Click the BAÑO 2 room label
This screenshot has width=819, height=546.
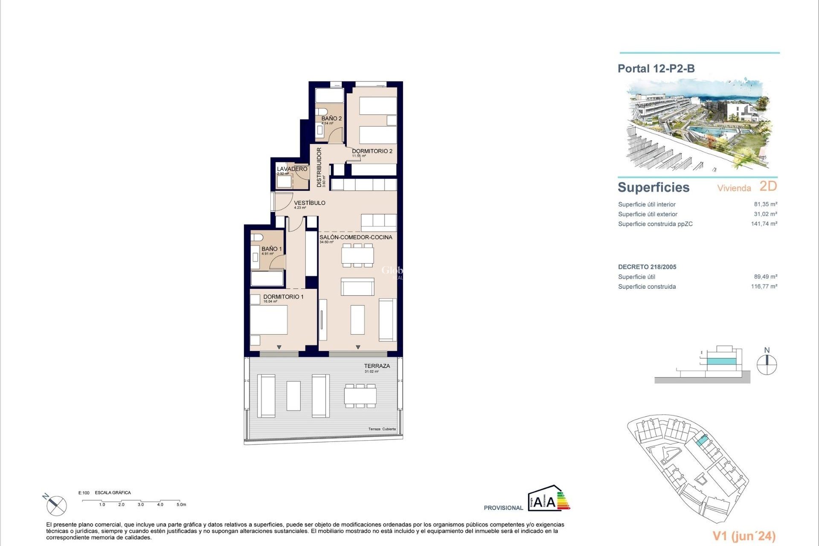[331, 118]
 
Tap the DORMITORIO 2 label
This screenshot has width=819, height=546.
[372, 151]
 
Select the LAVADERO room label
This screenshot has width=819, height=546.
[292, 169]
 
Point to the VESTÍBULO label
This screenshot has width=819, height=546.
[310, 203]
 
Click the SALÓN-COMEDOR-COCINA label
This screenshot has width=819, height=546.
[356, 237]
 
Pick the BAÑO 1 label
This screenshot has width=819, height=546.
[272, 249]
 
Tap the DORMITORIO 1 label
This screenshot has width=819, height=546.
[283, 296]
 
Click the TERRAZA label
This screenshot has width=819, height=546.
[377, 366]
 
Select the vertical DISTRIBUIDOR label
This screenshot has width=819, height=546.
[319, 167]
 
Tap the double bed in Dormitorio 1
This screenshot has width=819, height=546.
[268, 319]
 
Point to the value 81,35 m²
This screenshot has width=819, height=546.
[765, 204]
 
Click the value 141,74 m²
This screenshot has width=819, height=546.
[764, 224]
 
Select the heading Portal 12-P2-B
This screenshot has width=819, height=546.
[656, 69]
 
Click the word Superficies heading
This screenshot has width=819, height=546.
[653, 187]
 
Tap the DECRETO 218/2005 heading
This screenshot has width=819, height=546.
[647, 267]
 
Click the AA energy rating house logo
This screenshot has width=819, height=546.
[548, 498]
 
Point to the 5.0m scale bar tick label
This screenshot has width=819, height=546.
[181, 505]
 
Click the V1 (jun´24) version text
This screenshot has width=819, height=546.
[744, 536]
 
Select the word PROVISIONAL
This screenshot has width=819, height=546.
[503, 508]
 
